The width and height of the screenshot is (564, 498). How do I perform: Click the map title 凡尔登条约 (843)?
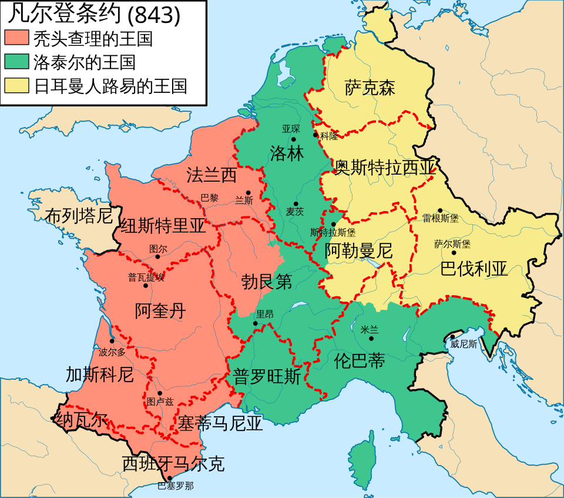pyautogui.click(x=94, y=15)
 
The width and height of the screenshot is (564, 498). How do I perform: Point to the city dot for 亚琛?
pyautogui.click(x=293, y=139)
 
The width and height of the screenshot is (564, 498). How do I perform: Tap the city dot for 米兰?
pyautogui.click(x=371, y=339)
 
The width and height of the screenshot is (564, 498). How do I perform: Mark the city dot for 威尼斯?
pyautogui.click(x=453, y=337)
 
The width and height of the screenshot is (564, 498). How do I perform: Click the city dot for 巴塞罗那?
pyautogui.click(x=170, y=479)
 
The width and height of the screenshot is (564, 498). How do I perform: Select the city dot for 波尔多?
pyautogui.click(x=112, y=341)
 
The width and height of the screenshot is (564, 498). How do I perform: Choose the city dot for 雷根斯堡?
pyautogui.click(x=439, y=210)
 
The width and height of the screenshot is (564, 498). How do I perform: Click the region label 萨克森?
pyautogui.click(x=370, y=88)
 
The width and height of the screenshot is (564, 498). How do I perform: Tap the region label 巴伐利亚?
pyautogui.click(x=474, y=269)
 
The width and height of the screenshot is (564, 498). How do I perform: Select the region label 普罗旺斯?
pyautogui.click(x=267, y=376)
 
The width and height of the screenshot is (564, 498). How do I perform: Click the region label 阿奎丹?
pyautogui.click(x=160, y=310)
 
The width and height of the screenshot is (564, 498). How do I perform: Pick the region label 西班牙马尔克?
pyautogui.click(x=173, y=464)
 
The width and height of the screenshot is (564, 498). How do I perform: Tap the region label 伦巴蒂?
pyautogui.click(x=359, y=360)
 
